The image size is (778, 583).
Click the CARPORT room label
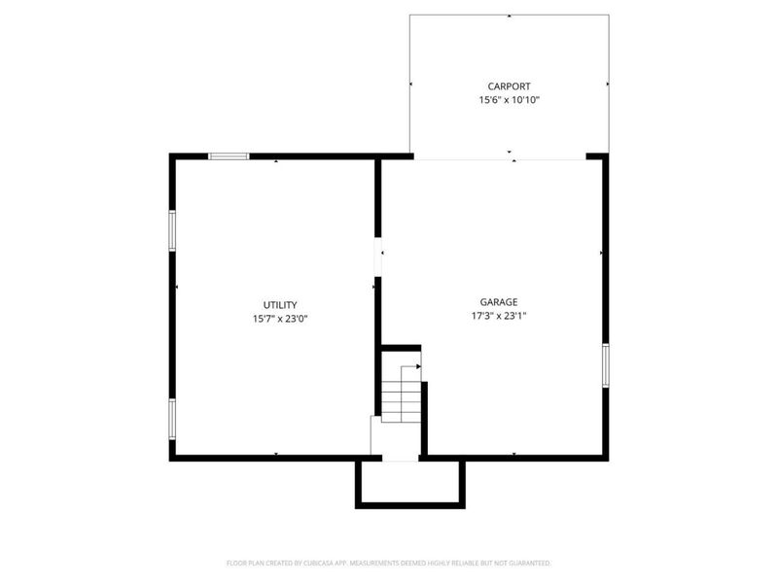pos(509,86)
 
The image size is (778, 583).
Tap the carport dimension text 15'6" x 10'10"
pos(509,100)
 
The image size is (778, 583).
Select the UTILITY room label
pos(280,304)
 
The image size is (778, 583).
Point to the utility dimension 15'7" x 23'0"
pos(280,318)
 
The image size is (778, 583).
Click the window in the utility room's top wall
pos(229,156)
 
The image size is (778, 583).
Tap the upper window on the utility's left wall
pos(172,231)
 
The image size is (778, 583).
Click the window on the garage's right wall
pos(605,365)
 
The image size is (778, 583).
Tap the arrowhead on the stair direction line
pos(418,367)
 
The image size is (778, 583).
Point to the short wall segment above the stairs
pos(400,347)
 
